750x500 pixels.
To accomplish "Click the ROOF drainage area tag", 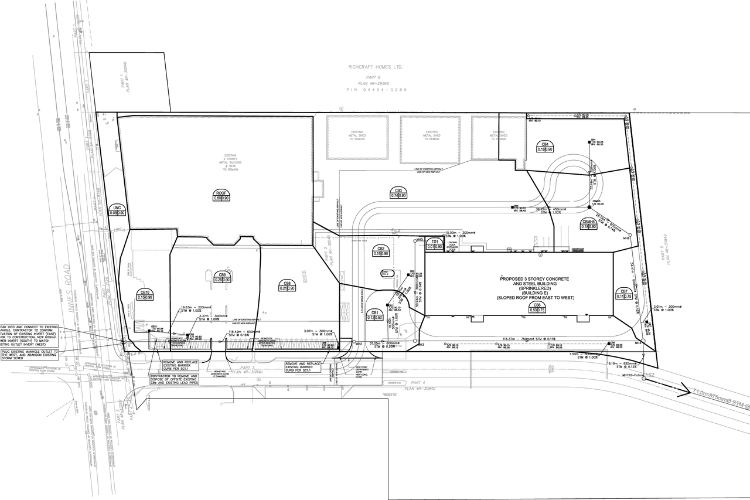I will (x=221, y=196).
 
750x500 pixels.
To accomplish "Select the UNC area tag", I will (x=118, y=210).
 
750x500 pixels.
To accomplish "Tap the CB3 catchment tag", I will (x=398, y=193).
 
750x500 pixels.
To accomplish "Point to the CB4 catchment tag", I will (x=545, y=147).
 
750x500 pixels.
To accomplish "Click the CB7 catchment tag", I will (x=623, y=294).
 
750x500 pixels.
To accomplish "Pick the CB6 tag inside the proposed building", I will (x=537, y=308).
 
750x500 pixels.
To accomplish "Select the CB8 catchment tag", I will (x=287, y=286).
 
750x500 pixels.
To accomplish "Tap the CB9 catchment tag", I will (x=222, y=277).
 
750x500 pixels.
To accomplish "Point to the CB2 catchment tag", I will (x=381, y=251).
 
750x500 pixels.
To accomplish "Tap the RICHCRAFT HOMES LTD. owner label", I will (x=374, y=67).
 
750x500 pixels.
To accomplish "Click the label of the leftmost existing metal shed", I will (x=357, y=135).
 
